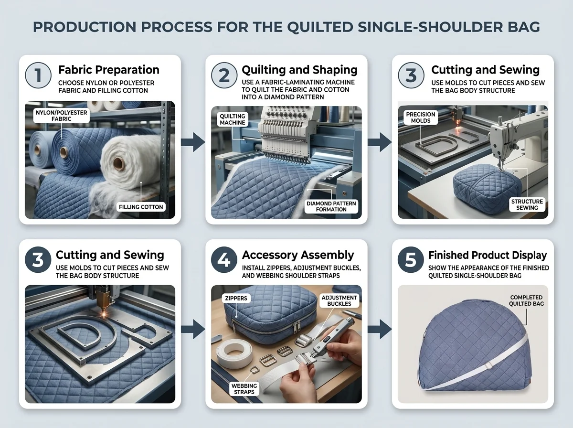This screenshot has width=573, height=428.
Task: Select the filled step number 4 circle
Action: coord(224,260)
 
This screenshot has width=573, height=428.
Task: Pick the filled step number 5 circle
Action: coord(411,260)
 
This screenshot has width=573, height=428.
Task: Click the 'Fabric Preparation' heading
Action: coord(109,70)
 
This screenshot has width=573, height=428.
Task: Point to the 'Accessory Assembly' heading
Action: coord(298,255)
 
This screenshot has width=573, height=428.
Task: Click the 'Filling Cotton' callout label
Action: coord(141,207)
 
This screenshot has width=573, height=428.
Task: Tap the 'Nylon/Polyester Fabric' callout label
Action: coord(62,116)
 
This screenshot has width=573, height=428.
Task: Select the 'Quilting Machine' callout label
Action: coord(233,119)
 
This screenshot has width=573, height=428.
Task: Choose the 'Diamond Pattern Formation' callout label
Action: coord(331,206)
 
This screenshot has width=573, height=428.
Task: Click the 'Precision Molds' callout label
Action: coord(421,118)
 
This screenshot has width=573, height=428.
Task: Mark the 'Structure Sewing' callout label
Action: coord(527,205)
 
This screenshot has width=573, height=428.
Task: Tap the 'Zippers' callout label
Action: coord(236,298)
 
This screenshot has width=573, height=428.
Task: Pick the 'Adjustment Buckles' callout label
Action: coord(339,300)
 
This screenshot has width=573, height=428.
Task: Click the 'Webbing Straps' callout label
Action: coord(244,388)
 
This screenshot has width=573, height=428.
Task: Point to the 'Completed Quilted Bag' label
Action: coord(526,300)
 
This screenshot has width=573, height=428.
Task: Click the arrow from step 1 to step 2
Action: coord(193,142)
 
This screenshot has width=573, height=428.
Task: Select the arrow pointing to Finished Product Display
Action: coord(380,329)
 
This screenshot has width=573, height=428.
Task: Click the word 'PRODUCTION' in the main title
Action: coord(85,27)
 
